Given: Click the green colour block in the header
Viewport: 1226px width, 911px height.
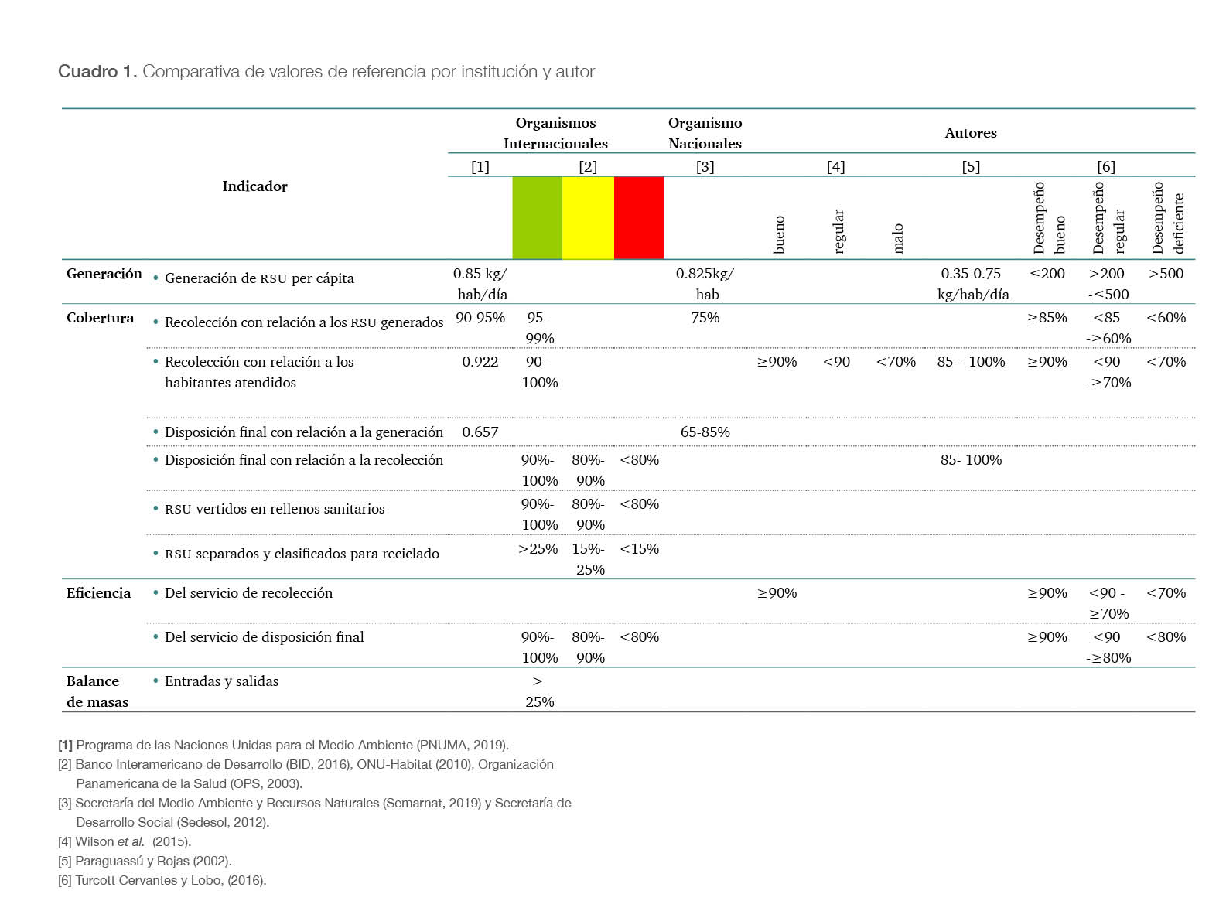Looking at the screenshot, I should [537, 217].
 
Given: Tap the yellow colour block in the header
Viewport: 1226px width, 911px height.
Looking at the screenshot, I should [588, 217].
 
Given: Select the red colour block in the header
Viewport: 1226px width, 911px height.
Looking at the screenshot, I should [639, 217].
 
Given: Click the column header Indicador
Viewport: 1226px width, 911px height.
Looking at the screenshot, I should [254, 186].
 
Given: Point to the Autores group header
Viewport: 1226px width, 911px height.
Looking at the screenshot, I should [971, 133].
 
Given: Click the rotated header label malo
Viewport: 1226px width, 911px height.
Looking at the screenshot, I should [897, 238].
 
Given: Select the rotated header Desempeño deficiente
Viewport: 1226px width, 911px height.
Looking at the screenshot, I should [1167, 217].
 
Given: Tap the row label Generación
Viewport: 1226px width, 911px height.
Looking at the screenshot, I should [104, 274].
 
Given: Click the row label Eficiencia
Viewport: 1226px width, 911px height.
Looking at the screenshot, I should [98, 593].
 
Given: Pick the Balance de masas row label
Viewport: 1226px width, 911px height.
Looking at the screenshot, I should [97, 691].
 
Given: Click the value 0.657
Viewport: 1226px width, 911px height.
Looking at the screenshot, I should [480, 432].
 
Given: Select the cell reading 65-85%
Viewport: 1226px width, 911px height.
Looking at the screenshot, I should [705, 432].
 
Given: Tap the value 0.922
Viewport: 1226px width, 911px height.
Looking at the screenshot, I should [480, 362].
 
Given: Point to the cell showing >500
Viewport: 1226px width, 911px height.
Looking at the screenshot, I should [1166, 274].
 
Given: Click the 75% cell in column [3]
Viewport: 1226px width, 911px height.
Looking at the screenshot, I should [705, 318].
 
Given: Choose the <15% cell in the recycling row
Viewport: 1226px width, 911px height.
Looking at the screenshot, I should [640, 549].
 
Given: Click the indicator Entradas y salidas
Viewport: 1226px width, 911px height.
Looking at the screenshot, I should [221, 681].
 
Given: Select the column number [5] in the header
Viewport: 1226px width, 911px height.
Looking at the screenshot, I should [971, 166].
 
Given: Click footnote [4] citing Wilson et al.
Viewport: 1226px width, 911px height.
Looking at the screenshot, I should [125, 841].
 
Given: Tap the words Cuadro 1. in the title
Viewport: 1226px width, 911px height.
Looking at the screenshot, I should [97, 72].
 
